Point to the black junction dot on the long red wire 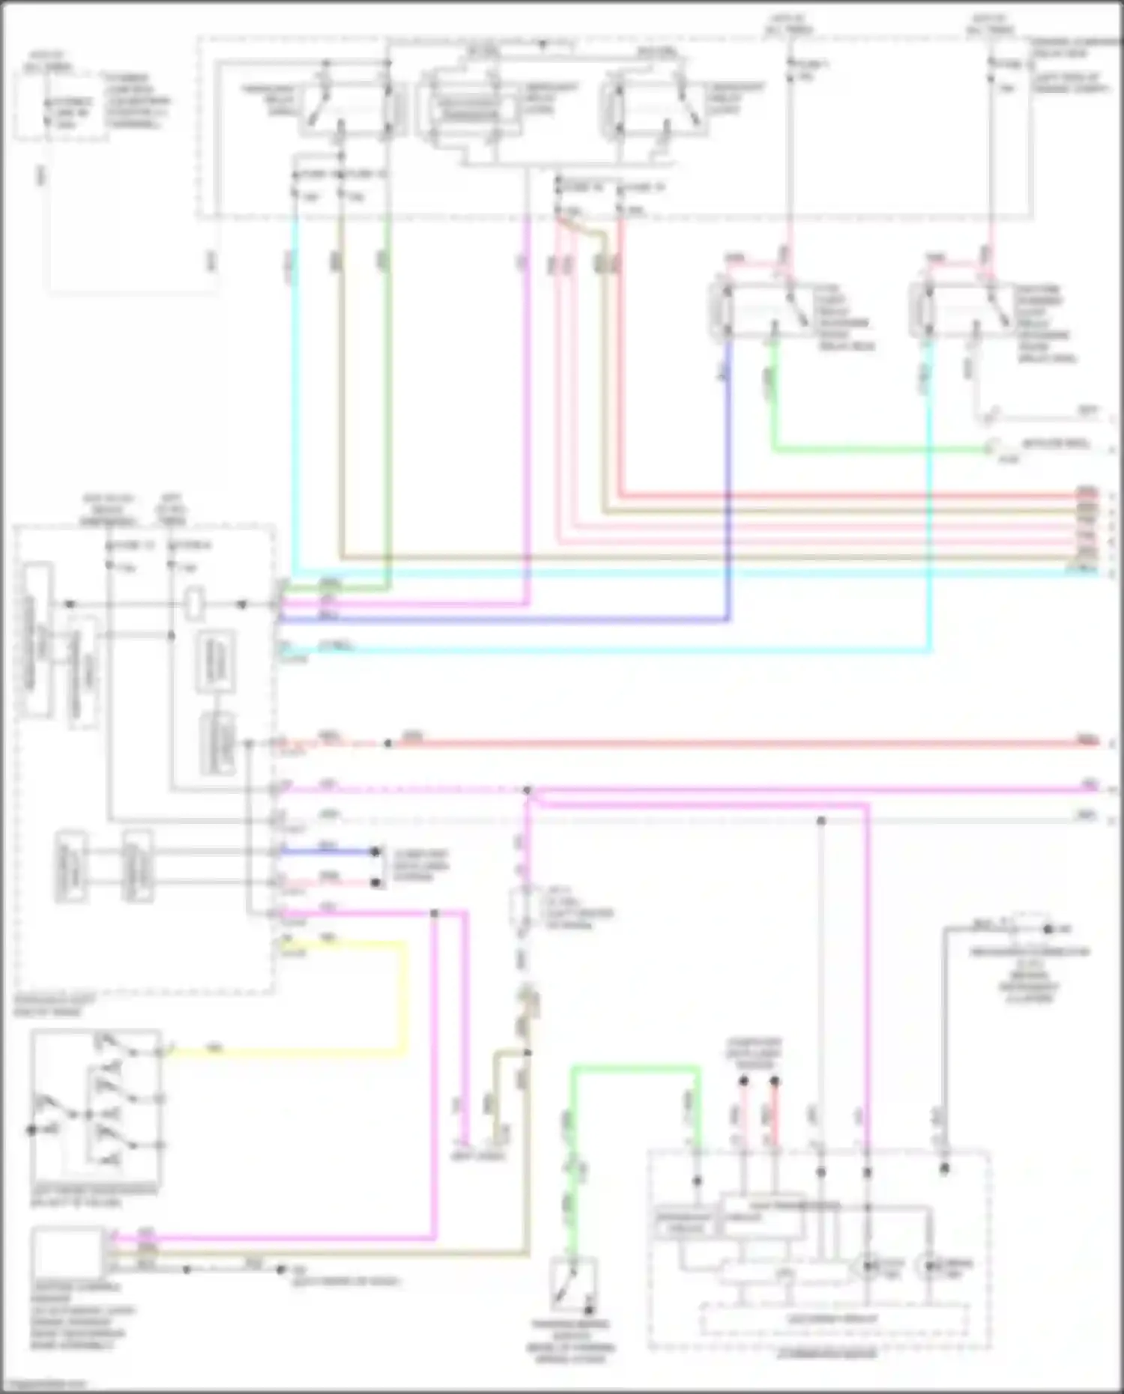tap(388, 744)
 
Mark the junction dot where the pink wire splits tap(528, 790)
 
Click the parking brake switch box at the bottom tap(573, 1284)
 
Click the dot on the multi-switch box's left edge tap(31, 1130)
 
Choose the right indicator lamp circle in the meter tap(929, 1266)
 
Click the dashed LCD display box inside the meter tap(832, 1318)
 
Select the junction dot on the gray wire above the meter tap(821, 821)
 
